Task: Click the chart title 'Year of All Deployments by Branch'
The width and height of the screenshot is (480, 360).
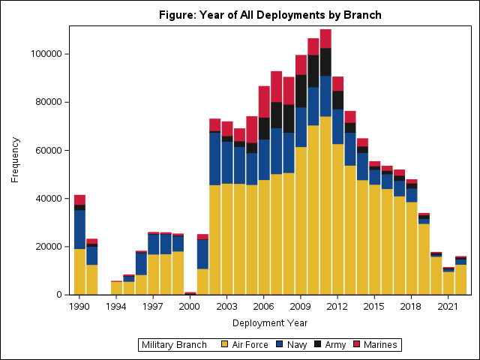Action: click(x=269, y=15)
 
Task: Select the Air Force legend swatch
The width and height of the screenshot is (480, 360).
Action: click(x=225, y=345)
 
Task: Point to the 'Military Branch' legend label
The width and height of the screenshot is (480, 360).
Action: click(x=173, y=345)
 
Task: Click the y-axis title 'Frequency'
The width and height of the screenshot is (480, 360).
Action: click(x=15, y=159)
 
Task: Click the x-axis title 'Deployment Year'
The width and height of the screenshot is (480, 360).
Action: click(x=269, y=322)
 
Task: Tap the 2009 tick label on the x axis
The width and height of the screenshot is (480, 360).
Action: click(x=301, y=306)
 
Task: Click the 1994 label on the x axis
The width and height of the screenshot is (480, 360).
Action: click(x=116, y=306)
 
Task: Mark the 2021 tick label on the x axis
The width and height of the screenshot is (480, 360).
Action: click(x=448, y=306)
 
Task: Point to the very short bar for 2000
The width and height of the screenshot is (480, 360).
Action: click(x=190, y=292)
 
